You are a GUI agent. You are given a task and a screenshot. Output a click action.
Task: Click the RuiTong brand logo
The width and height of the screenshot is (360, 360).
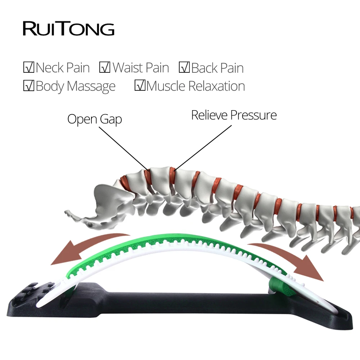point(68,29)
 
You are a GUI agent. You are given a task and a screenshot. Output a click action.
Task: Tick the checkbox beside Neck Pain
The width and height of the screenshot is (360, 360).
point(28,67)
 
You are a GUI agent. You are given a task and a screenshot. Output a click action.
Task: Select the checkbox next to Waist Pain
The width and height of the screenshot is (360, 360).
point(105,67)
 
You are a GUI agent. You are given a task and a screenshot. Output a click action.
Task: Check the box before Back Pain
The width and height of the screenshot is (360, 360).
point(184,67)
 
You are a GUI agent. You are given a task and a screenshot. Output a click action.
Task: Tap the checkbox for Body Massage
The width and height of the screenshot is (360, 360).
point(28,86)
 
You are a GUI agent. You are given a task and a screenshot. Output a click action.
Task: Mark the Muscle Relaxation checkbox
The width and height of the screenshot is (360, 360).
point(140,86)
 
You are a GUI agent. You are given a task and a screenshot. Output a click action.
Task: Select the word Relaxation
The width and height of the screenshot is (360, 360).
point(216,86)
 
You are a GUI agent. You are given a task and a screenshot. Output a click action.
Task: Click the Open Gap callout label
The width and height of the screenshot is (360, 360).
point(94,119)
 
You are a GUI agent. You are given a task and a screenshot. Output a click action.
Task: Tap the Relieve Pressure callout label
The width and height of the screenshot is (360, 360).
point(234,115)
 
